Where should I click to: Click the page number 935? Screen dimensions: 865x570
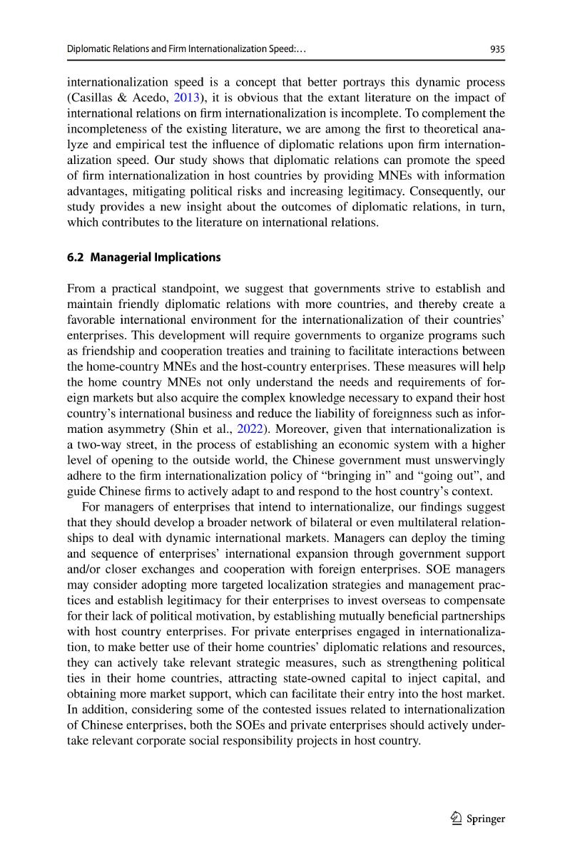pyautogui.click(x=497, y=49)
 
